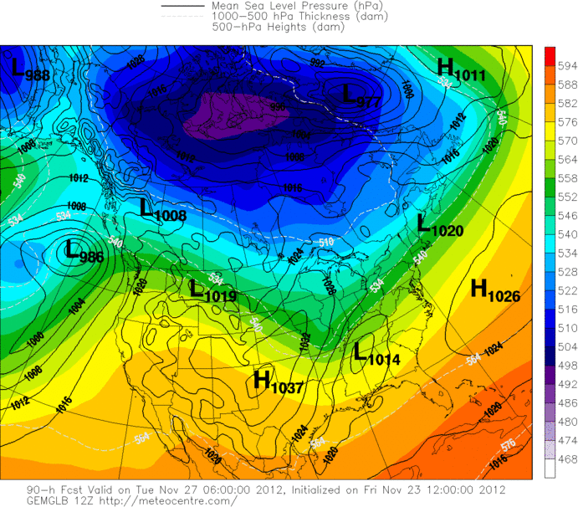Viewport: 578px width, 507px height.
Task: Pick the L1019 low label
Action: pyautogui.click(x=213, y=291)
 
